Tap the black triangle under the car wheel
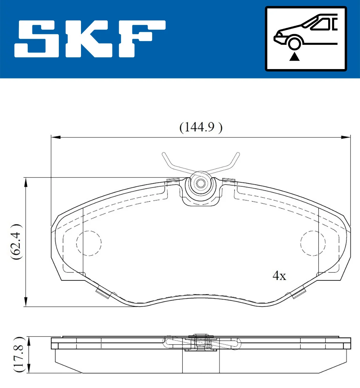coord(294,56)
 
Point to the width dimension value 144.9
coord(200,127)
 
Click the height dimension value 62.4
coord(16,242)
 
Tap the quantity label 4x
coord(279,275)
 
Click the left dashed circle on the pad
coord(89,243)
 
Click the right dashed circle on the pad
coord(313,243)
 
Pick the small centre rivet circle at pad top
coord(200,183)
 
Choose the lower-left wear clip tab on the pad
coord(102,293)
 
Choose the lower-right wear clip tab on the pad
coord(299,293)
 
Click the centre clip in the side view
coord(201,343)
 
